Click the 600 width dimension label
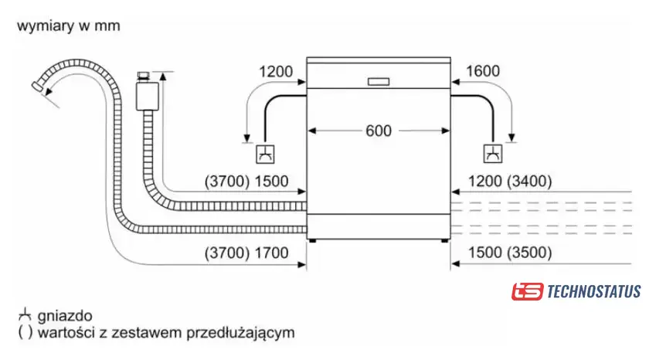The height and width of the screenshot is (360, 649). pyautogui.click(x=379, y=131)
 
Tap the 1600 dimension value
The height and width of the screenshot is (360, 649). pyautogui.click(x=483, y=71)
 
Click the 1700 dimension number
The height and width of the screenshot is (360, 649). pyautogui.click(x=271, y=253)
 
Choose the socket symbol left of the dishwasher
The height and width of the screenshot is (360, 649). pyautogui.click(x=265, y=154)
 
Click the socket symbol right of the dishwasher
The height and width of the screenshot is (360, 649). pyautogui.click(x=493, y=154)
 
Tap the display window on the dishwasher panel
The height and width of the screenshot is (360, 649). pyautogui.click(x=379, y=82)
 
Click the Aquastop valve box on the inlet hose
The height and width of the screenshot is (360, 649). pyautogui.click(x=147, y=96)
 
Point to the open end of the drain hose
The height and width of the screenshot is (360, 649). pyautogui.click(x=37, y=86)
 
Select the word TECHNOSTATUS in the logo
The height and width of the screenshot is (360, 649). pyautogui.click(x=594, y=291)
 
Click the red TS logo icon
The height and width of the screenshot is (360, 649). pyautogui.click(x=527, y=291)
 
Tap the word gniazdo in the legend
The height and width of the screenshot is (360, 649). pyautogui.click(x=65, y=316)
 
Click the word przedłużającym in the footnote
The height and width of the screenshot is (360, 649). pyautogui.click(x=240, y=333)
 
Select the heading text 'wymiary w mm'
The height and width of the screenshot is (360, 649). pyautogui.click(x=69, y=25)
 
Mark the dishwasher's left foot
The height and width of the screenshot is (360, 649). pyautogui.click(x=312, y=240)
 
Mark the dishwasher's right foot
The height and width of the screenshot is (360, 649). pyautogui.click(x=444, y=240)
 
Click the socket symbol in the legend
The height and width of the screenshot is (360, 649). pyautogui.click(x=25, y=315)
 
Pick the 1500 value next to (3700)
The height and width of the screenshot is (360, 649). pyautogui.click(x=271, y=182)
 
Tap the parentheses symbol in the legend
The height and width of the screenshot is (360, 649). pyautogui.click(x=25, y=332)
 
